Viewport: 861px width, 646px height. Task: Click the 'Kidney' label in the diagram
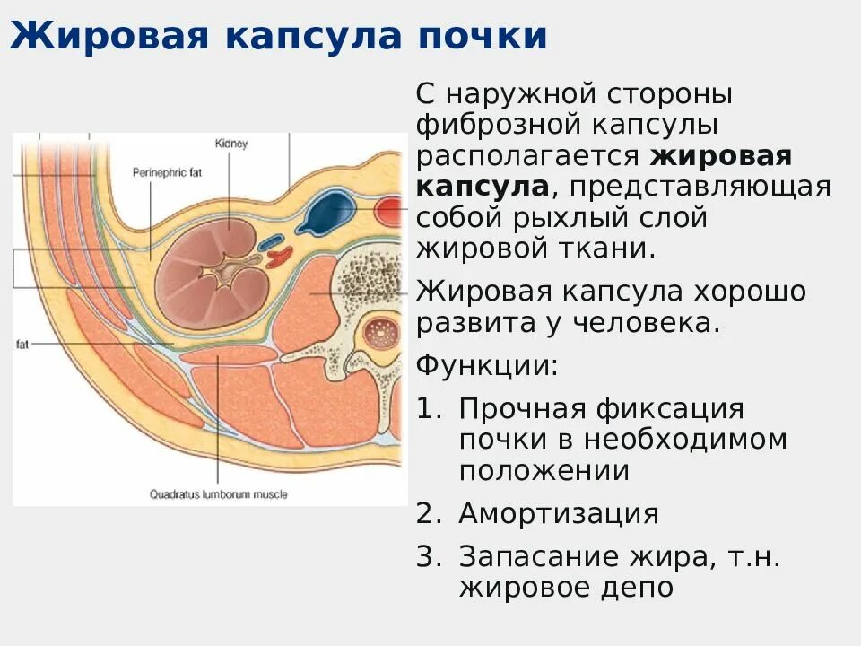click(231, 144)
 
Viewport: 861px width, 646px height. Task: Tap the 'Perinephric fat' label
click(167, 171)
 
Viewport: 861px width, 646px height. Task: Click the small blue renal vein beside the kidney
click(272, 241)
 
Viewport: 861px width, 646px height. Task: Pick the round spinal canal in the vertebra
click(380, 335)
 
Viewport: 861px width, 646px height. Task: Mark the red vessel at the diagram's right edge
click(391, 213)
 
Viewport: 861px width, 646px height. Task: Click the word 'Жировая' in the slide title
click(109, 37)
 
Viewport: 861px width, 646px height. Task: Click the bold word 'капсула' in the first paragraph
click(482, 187)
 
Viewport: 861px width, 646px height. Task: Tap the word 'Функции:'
click(487, 365)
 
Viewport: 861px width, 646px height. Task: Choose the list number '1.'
click(429, 409)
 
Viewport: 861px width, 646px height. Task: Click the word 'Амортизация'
click(558, 514)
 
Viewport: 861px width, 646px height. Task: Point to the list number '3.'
click(429, 557)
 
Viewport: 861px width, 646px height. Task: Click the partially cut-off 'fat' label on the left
click(22, 344)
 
